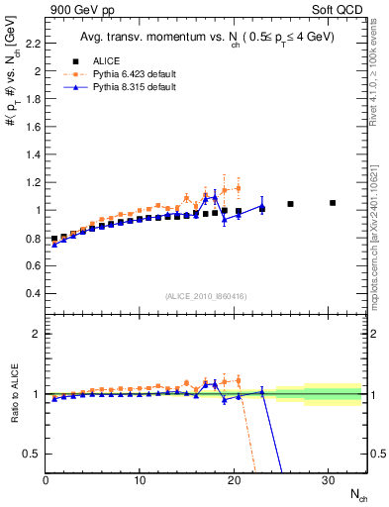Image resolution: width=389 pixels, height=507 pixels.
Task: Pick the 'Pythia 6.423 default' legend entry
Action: [x=124, y=74]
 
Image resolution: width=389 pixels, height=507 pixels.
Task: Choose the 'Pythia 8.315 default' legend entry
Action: [x=124, y=88]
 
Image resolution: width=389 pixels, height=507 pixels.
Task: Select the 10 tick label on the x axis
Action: [x=140, y=480]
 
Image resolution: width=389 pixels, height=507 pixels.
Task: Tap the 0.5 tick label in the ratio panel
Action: [x=30, y=454]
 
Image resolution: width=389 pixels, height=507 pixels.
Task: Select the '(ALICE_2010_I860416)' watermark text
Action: [x=206, y=296]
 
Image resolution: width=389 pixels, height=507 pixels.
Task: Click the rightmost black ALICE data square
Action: [x=333, y=203]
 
